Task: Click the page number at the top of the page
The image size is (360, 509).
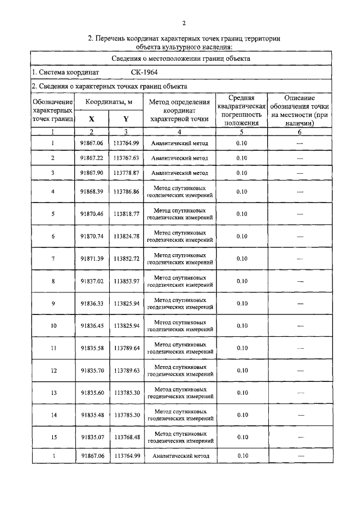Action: click(x=184, y=23)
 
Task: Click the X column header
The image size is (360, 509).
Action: click(x=92, y=119)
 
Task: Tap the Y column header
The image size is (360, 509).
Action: click(x=126, y=119)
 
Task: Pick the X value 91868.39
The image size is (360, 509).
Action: click(x=92, y=192)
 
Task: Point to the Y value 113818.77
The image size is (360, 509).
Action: click(x=126, y=214)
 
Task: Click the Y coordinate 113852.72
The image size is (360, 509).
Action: click(x=126, y=259)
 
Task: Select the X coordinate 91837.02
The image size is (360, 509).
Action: click(x=92, y=281)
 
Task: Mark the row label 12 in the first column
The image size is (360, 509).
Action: click(x=53, y=371)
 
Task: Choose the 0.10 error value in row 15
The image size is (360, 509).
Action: click(x=242, y=437)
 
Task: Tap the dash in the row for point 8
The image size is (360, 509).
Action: click(x=300, y=281)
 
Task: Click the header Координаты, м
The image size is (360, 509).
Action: click(x=109, y=102)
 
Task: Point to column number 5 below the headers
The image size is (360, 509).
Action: click(x=242, y=132)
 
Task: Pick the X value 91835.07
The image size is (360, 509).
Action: click(x=92, y=437)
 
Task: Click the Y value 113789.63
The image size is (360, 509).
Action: click(x=126, y=371)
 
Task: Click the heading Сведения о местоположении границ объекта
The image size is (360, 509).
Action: click(x=180, y=58)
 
